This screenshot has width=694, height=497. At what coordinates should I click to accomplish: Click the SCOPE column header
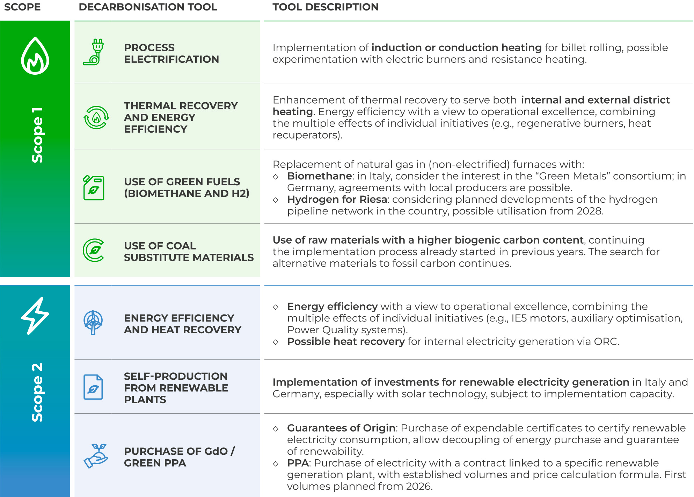(x=22, y=7)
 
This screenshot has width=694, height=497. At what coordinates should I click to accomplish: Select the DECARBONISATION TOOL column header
(x=148, y=7)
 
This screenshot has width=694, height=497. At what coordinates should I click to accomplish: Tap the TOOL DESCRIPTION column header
(x=325, y=7)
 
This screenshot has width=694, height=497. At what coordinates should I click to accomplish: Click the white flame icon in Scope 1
(x=35, y=56)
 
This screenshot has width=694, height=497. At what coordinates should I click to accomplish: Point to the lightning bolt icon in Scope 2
(x=35, y=316)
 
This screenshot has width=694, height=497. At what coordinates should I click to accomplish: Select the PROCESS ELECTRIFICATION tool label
(x=171, y=53)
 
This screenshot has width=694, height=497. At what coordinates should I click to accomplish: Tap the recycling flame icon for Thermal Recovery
(x=96, y=118)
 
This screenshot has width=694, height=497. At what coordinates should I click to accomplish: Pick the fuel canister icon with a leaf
(x=94, y=188)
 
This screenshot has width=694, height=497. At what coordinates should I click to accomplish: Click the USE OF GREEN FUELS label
(x=187, y=187)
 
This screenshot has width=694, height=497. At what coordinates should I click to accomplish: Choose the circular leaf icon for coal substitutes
(x=94, y=250)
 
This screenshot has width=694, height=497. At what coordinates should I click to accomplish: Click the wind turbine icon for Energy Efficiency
(x=93, y=322)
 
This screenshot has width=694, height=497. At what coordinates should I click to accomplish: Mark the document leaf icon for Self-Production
(x=93, y=387)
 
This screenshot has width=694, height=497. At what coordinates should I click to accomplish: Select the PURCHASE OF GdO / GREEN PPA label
(x=179, y=457)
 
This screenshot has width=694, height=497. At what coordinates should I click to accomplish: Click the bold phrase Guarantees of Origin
(x=341, y=428)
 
